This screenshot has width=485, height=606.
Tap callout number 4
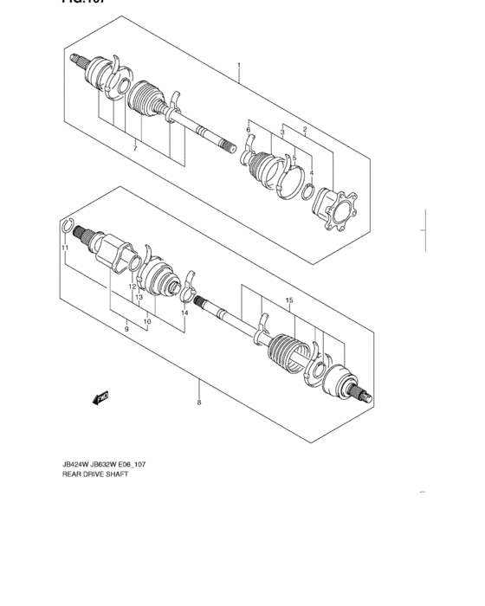click(311, 172)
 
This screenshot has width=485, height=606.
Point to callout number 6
click(248, 130)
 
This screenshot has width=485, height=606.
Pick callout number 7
click(135, 150)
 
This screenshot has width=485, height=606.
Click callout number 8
click(199, 403)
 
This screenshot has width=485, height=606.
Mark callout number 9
click(126, 329)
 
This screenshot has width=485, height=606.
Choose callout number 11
click(64, 249)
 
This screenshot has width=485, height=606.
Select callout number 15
click(289, 300)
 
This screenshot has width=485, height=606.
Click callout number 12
click(133, 287)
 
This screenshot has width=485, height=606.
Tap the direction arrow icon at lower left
click(100, 397)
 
